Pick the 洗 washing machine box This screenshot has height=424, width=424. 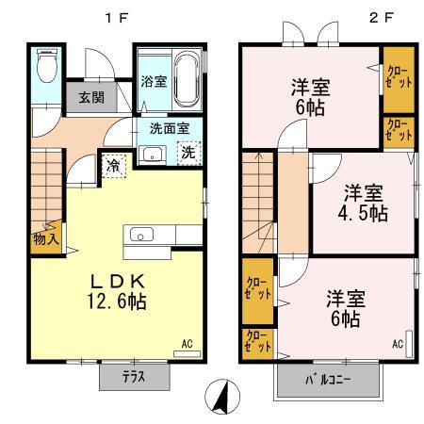[x=188, y=154]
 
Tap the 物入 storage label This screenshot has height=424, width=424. [x=47, y=237]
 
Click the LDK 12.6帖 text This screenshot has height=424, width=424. [x=118, y=291]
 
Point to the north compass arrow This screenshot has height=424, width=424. [x=220, y=397]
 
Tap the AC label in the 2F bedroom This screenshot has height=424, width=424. [x=397, y=343]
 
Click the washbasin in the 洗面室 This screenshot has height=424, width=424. [x=150, y=155]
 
